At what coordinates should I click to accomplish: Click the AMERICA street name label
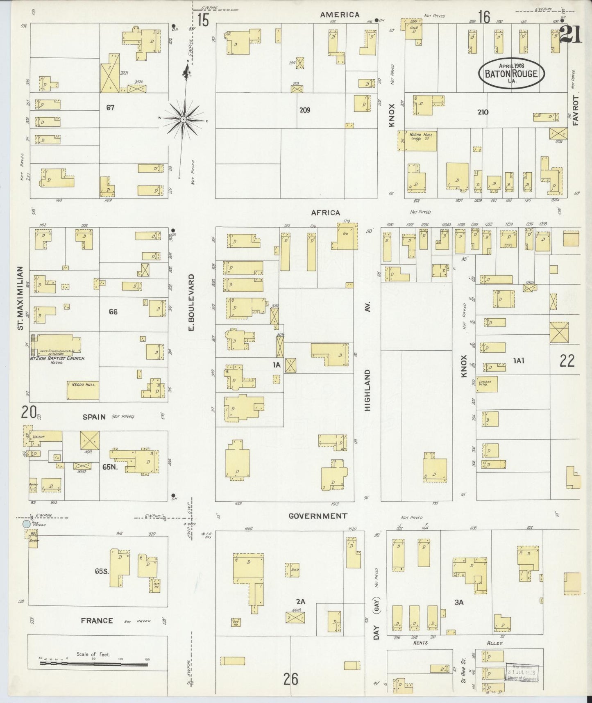[340, 15]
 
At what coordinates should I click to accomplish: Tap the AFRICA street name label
[325, 212]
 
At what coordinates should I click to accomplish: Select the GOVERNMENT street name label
[318, 516]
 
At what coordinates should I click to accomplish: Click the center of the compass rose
[184, 119]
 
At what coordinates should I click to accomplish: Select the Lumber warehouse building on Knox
[487, 384]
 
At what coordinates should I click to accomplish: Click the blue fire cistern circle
[27, 524]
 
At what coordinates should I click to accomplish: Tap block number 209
[304, 110]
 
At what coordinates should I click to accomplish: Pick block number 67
[110, 108]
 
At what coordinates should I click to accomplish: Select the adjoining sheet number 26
[290, 679]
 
